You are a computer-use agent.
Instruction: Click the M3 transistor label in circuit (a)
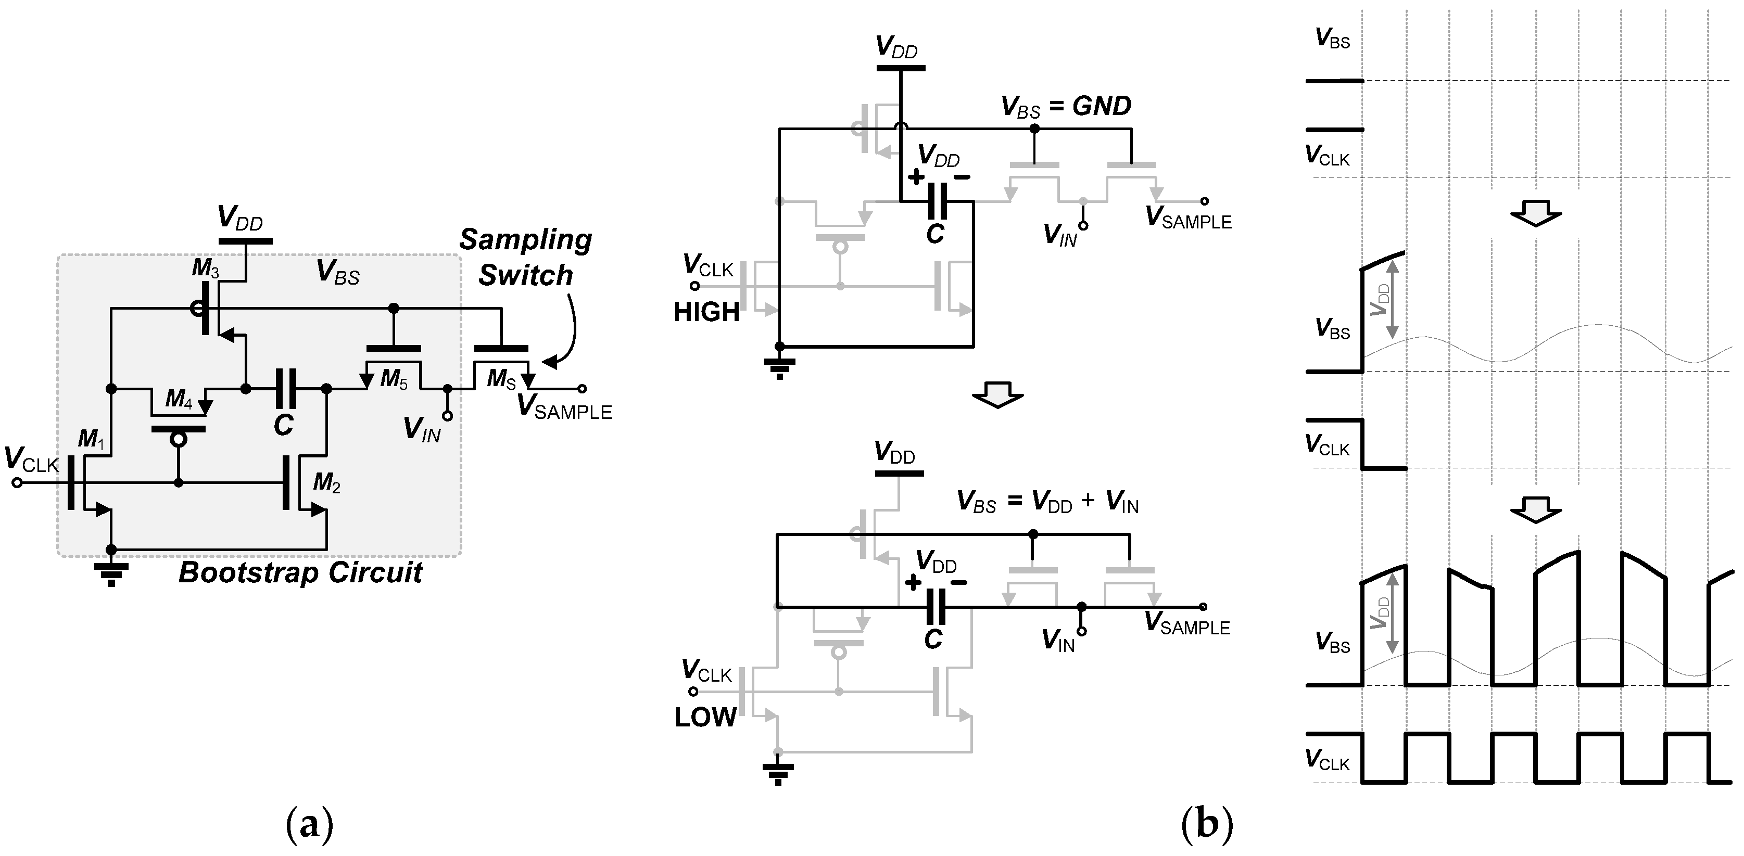(205, 269)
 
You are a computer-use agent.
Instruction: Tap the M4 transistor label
(180, 399)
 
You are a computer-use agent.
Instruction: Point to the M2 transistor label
(326, 483)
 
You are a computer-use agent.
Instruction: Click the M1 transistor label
(91, 440)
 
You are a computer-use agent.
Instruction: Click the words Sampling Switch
(525, 258)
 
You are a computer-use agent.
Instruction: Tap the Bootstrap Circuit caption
(300, 573)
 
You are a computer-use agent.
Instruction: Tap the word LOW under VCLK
(705, 717)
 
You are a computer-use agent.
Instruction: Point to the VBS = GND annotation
(1066, 107)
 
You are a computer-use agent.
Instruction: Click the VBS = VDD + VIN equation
(1047, 502)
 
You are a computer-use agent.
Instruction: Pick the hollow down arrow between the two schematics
(997, 395)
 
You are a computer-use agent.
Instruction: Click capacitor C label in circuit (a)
(284, 426)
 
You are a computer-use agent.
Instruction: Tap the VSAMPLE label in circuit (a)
(565, 408)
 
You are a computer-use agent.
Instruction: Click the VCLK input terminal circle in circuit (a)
(17, 482)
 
